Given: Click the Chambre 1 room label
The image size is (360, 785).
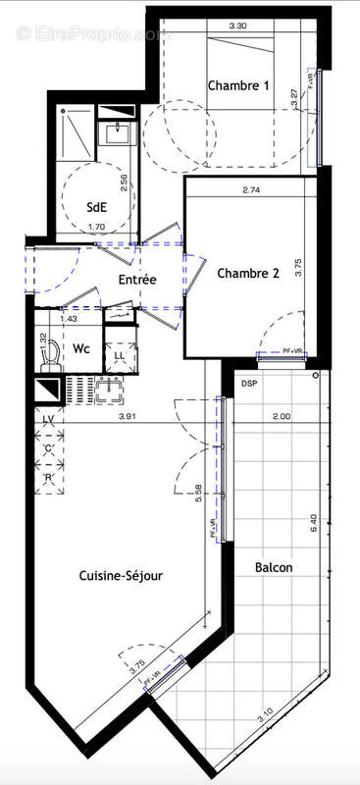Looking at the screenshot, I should (x=238, y=85).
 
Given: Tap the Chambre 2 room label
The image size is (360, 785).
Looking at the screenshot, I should (x=248, y=274).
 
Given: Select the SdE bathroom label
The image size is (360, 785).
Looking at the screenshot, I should (x=98, y=207).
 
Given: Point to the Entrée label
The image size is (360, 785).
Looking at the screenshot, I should (x=137, y=280).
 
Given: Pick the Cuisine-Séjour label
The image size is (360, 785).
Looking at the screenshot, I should (x=121, y=577).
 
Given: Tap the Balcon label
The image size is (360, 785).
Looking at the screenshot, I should (x=274, y=567).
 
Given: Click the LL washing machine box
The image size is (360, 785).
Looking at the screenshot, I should (x=118, y=355).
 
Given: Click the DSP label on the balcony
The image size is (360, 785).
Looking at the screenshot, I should (x=250, y=383).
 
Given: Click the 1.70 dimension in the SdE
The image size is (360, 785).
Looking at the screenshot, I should (x=96, y=228).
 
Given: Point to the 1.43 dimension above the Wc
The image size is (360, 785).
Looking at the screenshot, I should (x=69, y=319).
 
